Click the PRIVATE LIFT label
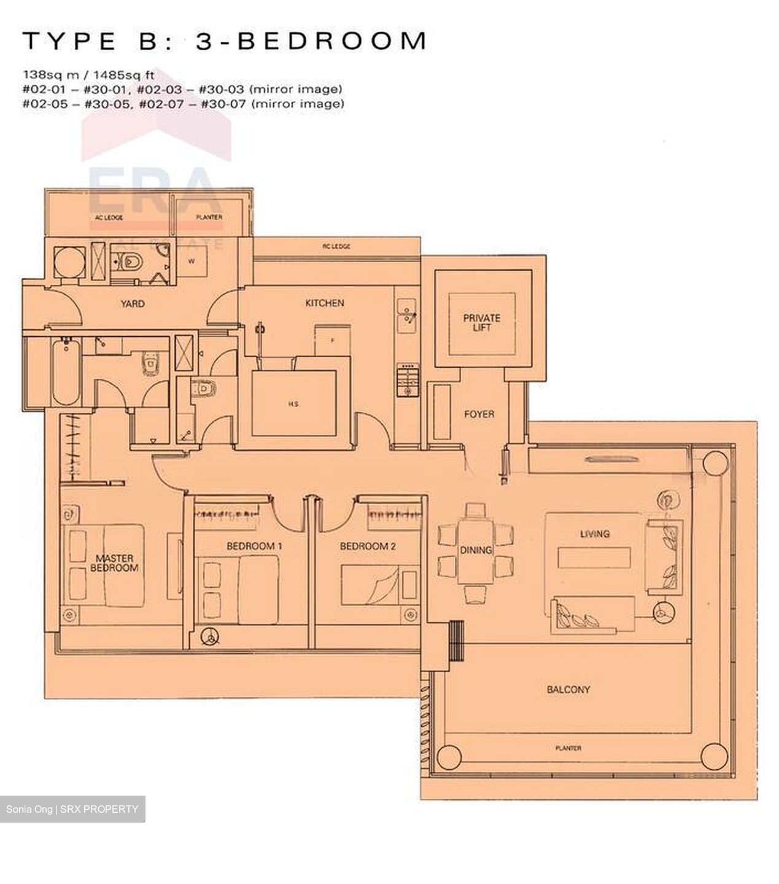click(x=481, y=322)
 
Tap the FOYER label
click(x=479, y=414)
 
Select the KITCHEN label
click(x=325, y=303)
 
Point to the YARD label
click(x=133, y=303)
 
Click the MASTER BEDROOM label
click(x=114, y=563)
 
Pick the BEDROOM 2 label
click(x=368, y=546)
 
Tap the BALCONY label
click(x=568, y=689)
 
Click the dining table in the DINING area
click(x=476, y=551)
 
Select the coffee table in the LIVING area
click(x=594, y=557)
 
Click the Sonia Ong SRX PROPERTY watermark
click(x=72, y=809)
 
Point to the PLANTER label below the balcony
click(x=568, y=748)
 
